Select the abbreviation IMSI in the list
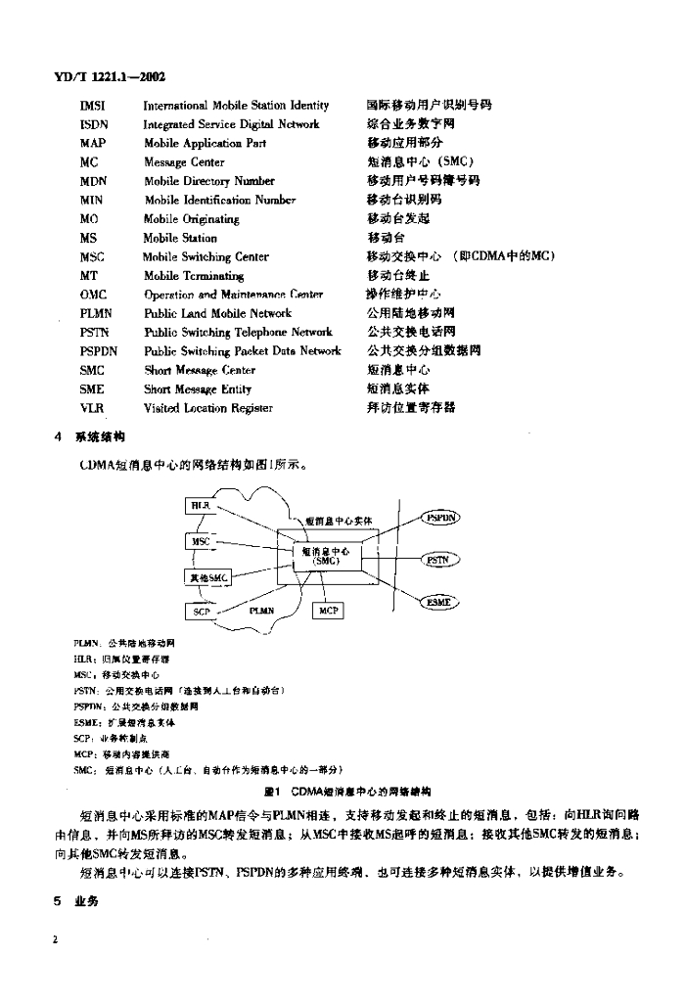tap(93, 105)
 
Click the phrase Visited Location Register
tap(208, 408)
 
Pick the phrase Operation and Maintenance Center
tap(233, 295)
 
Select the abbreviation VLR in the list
tap(92, 408)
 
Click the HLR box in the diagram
tap(200, 505)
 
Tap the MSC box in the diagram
tap(201, 541)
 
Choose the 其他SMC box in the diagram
tap(207, 577)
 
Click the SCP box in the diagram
tap(202, 612)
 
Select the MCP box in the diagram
tap(328, 611)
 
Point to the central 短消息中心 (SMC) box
tap(326, 557)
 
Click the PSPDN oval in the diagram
tap(440, 518)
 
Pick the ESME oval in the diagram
tap(439, 602)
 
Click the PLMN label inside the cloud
tap(259, 611)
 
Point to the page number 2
tap(58, 939)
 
